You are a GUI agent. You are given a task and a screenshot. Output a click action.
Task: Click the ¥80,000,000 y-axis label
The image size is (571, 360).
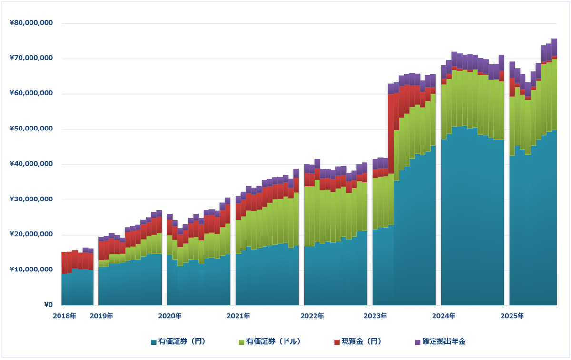tap(31, 23)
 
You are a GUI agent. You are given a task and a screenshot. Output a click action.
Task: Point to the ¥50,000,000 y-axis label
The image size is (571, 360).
tap(31, 129)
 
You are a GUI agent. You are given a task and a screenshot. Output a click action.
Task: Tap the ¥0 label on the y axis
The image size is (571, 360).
tap(49, 305)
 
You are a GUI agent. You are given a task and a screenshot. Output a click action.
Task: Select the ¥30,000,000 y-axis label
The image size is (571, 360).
tap(31, 199)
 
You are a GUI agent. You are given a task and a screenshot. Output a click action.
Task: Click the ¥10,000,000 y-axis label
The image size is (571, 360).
tap(31, 270)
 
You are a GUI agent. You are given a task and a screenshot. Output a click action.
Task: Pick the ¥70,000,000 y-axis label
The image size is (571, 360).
tap(31, 58)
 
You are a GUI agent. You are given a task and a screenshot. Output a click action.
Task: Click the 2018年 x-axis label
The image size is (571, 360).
tap(65, 316)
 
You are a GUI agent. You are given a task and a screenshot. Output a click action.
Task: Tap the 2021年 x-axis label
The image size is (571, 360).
tap(238, 316)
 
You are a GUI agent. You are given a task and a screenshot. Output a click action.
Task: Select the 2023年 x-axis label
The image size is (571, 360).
tap(375, 316)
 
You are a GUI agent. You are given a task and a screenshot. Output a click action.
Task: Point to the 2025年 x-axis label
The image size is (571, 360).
tap(512, 316)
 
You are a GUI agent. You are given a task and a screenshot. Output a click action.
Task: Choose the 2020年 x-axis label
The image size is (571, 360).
tap(170, 316)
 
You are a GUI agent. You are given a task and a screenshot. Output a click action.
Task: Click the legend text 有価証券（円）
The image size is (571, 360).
tap(182, 341)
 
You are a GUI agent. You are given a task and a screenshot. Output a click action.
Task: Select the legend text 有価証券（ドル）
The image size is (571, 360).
tap(274, 341)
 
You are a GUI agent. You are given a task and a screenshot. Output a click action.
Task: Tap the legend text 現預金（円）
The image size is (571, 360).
tap(362, 341)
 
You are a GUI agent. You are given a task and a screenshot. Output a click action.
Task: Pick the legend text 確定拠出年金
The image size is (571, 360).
tap(444, 341)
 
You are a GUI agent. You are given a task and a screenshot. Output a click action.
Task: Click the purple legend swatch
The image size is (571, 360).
tap(418, 342)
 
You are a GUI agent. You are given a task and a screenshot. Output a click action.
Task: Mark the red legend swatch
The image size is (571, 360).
tap(337, 342)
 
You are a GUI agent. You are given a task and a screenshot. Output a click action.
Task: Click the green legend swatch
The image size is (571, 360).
tap(241, 342)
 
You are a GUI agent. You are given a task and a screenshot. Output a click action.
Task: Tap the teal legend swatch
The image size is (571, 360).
tap(154, 342)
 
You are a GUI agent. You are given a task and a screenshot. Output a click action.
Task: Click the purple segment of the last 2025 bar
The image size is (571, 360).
tap(554, 47)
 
